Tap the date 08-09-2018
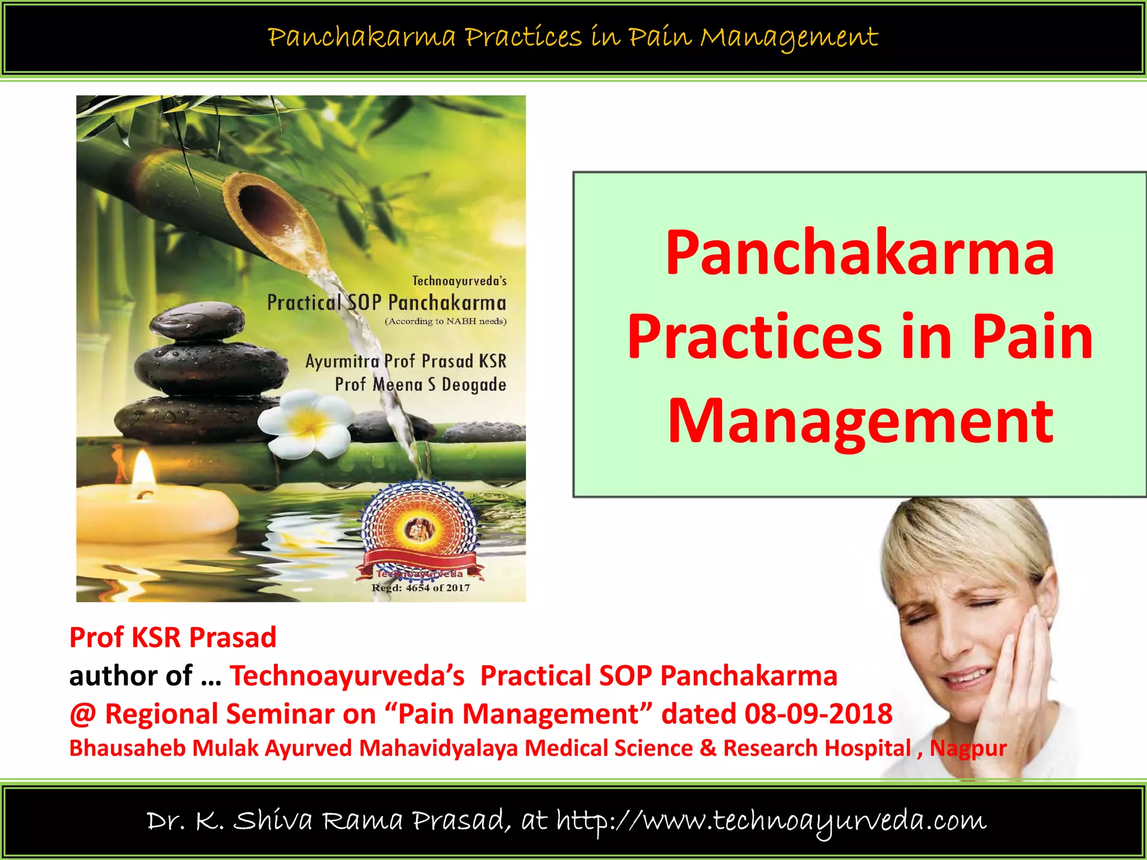coord(818,714)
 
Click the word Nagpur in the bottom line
coord(968,748)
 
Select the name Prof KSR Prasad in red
coord(172,637)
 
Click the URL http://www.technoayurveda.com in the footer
coord(771,821)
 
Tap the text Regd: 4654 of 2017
coord(421,588)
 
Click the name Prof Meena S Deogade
coord(421,385)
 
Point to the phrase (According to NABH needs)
coord(445,321)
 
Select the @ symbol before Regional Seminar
coord(82,714)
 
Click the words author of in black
coord(131,676)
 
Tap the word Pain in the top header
coord(659,38)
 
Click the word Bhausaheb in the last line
coord(127,748)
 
